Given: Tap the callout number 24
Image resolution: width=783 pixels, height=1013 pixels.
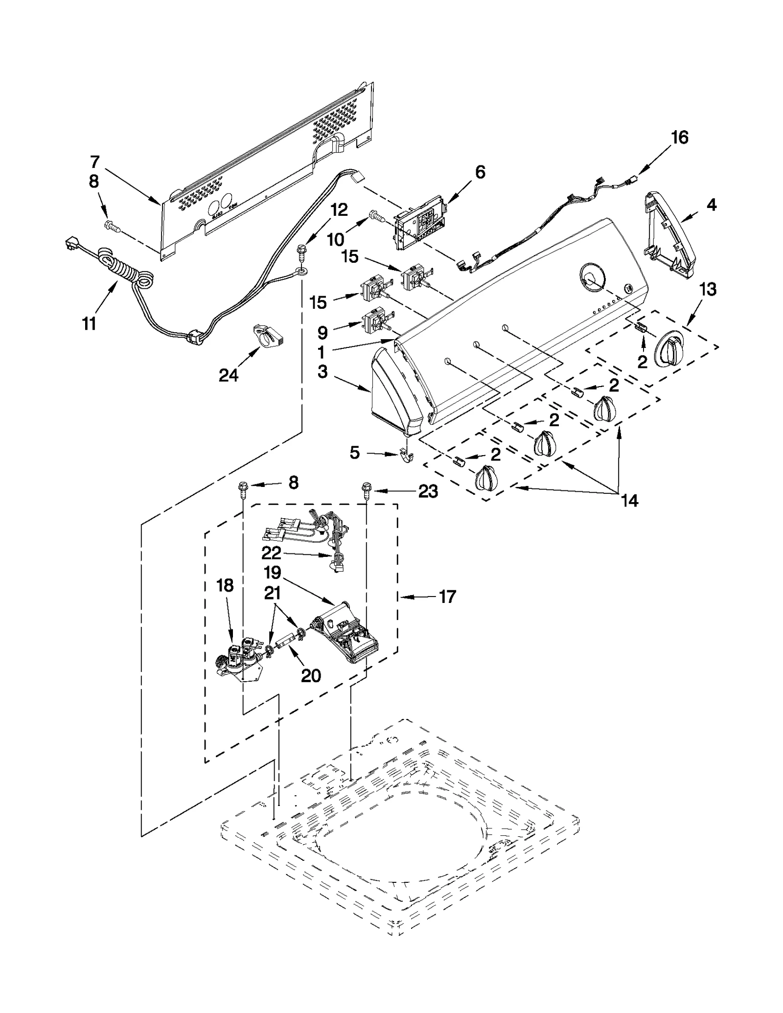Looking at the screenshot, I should click(x=229, y=375).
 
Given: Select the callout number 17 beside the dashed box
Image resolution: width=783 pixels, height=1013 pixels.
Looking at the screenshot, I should click(x=447, y=597).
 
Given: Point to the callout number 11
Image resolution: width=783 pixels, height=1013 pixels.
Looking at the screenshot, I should click(x=89, y=323).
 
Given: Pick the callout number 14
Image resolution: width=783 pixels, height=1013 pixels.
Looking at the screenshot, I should click(x=629, y=501).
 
